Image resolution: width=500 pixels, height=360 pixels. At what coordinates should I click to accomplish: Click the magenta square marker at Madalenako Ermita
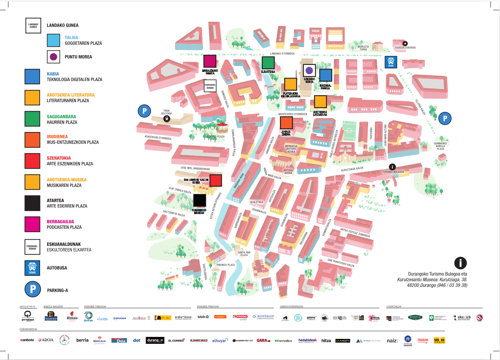click(x=209, y=61)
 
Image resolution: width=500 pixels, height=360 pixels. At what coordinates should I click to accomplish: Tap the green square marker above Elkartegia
click(x=268, y=62)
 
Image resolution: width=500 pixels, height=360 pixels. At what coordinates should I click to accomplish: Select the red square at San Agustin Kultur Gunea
click(x=216, y=181)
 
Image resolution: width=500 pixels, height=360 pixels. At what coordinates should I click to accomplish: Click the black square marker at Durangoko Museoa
click(x=199, y=200)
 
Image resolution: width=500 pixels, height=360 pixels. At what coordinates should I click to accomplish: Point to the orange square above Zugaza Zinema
click(x=286, y=123)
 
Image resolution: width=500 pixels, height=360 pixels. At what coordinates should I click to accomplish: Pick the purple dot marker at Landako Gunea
click(x=309, y=70)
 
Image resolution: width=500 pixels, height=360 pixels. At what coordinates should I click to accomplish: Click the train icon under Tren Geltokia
click(x=167, y=119)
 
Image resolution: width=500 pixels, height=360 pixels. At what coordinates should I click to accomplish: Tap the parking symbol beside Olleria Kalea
click(x=445, y=118)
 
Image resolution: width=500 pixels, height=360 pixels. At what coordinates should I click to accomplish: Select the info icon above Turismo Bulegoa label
click(x=392, y=167)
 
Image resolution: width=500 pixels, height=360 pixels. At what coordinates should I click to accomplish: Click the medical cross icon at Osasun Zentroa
click(x=405, y=43)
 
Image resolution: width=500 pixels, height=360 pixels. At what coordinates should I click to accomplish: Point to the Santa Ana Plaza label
click(x=244, y=253)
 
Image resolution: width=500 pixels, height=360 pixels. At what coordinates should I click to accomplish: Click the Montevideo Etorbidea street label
click(x=293, y=114)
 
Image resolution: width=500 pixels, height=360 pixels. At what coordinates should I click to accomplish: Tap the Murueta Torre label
click(x=363, y=48)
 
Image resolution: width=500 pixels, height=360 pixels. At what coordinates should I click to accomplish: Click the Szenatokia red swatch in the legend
click(x=32, y=161)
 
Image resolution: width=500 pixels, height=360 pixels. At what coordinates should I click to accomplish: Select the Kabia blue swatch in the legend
click(x=32, y=77)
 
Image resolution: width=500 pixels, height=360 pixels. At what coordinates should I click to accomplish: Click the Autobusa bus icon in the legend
click(x=32, y=268)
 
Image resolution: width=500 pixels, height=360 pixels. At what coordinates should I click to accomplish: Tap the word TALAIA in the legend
click(x=72, y=38)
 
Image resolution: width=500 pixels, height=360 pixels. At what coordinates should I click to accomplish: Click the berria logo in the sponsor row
click(x=82, y=340)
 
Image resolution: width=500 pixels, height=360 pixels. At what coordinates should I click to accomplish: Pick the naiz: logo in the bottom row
click(x=392, y=341)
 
